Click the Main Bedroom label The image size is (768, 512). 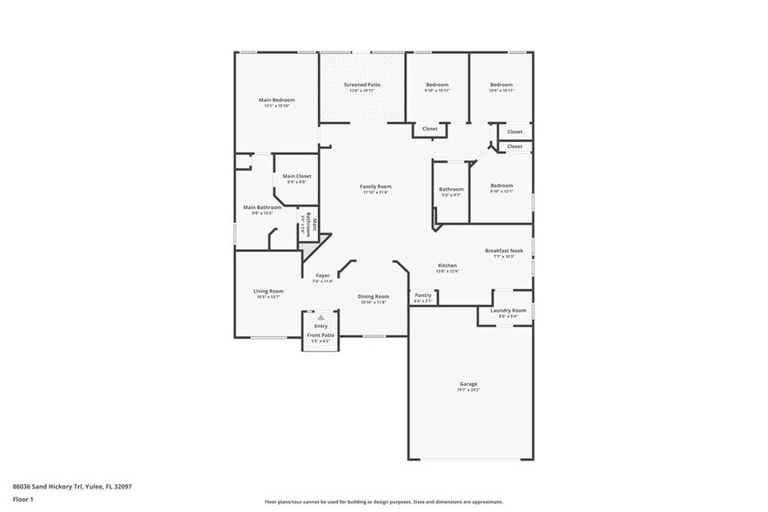tap(277, 100)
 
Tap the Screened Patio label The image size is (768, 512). tap(361, 84)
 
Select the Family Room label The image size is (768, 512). tap(376, 186)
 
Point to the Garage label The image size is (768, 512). tap(468, 384)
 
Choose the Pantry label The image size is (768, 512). tap(423, 296)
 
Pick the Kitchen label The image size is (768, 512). tap(448, 265)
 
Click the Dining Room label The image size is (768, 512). tap(374, 297)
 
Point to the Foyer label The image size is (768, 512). tap(322, 275)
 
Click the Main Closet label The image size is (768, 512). tap(297, 176)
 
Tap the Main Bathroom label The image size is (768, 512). tap(262, 207)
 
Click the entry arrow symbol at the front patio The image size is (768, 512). tap(320, 318)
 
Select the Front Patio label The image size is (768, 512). tap(320, 335)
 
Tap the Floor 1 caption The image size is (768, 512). tap(23, 499)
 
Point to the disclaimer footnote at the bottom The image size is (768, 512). tap(383, 502)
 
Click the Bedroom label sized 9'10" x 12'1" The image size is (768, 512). tap(501, 185)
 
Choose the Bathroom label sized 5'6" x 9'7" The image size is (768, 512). tap(451, 189)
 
